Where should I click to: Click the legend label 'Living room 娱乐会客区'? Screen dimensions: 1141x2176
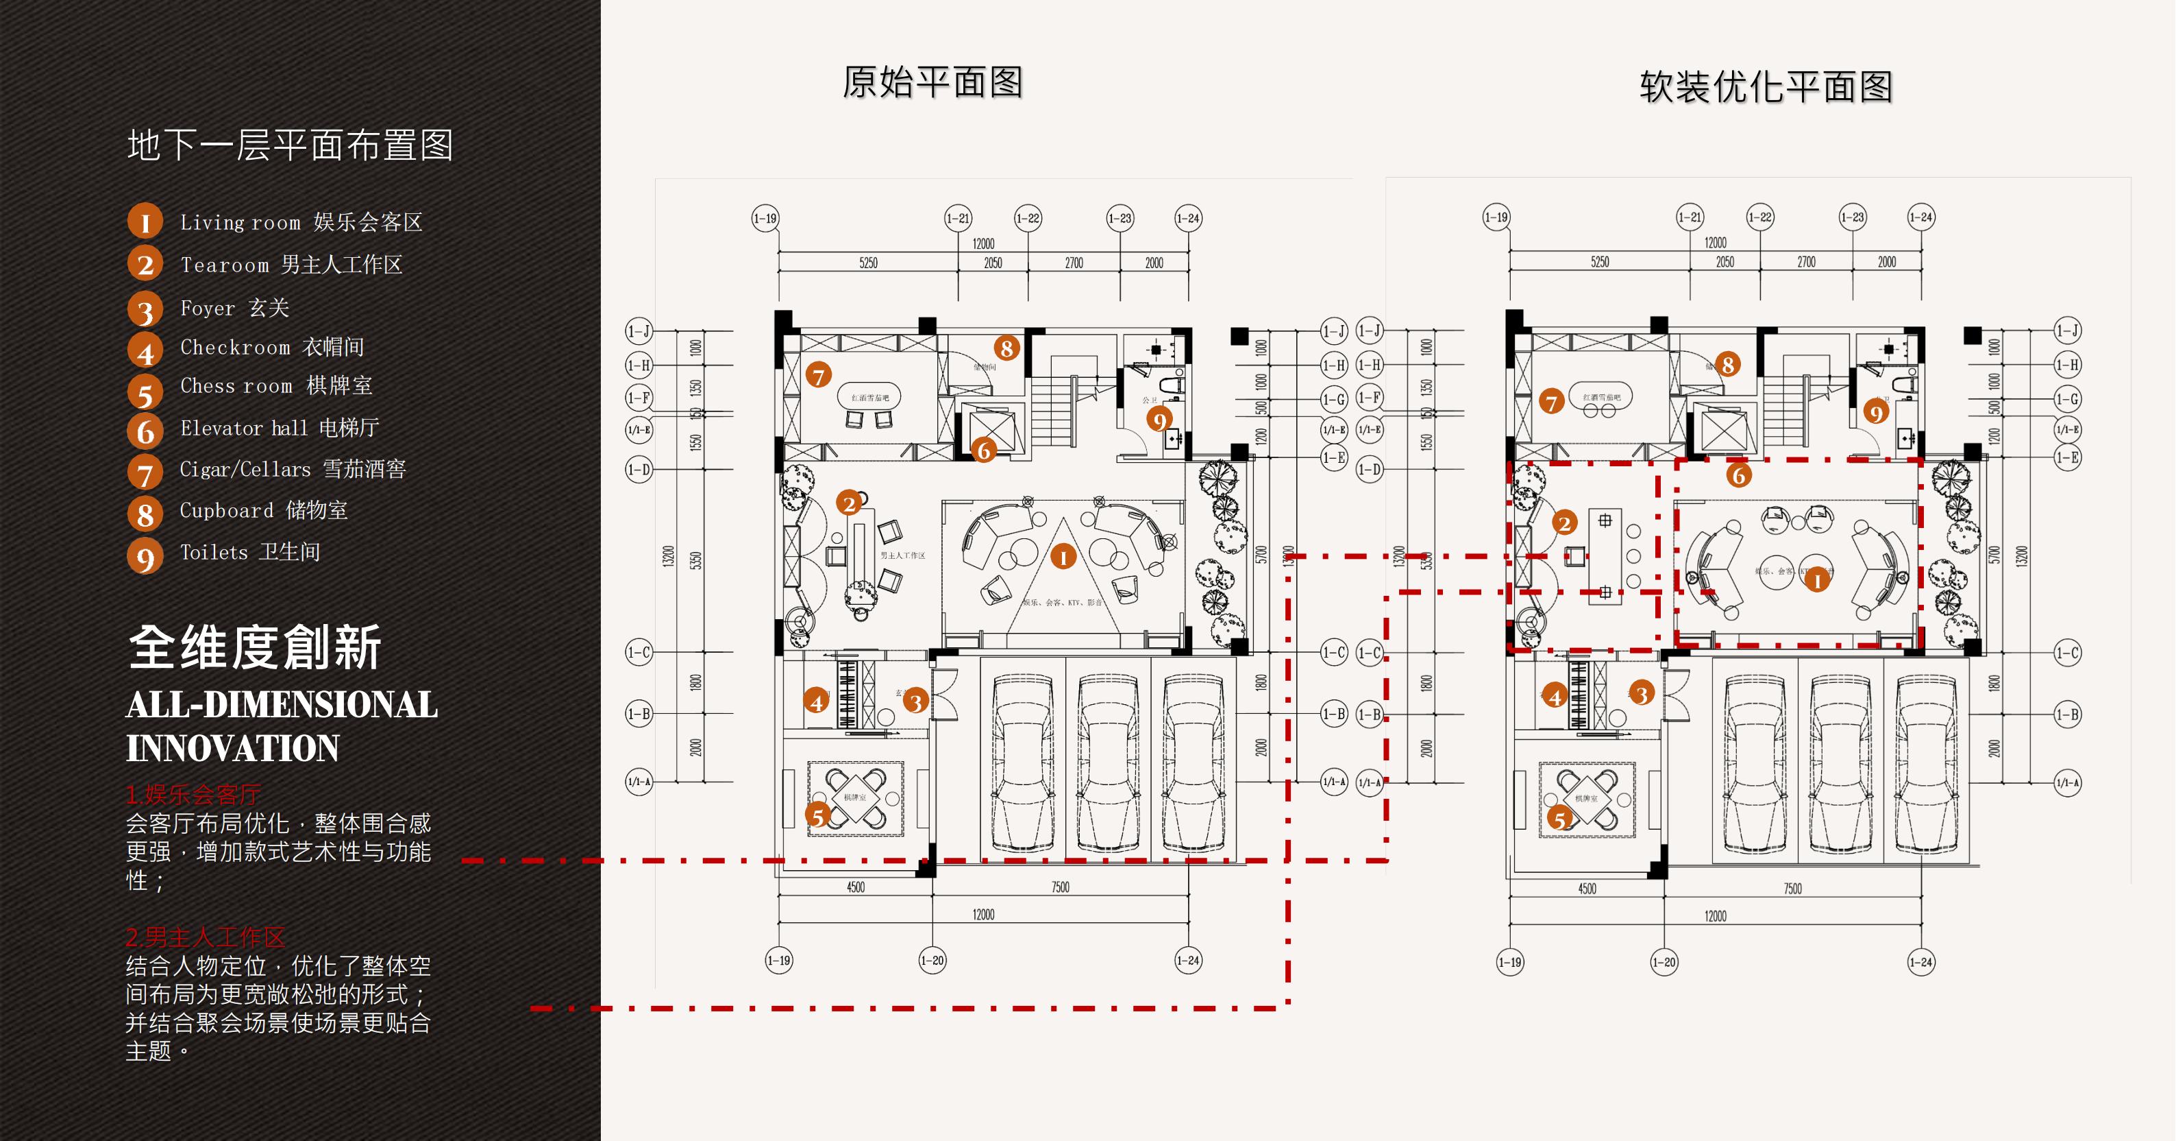coord(301,222)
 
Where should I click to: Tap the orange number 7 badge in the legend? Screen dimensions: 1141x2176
coord(145,472)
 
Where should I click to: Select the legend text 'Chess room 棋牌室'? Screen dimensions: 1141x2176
coord(275,386)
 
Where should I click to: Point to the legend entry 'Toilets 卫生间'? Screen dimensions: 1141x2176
coord(250,553)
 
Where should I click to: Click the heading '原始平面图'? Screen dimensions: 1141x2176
coord(932,83)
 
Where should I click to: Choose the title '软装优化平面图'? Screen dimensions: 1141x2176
coord(1766,87)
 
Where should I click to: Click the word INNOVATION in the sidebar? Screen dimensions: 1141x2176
coord(233,749)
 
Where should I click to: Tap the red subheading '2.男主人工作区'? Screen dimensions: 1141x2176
coord(206,937)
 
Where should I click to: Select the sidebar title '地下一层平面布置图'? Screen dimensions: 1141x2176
coord(290,145)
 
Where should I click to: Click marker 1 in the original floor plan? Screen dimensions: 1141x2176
coord(1063,556)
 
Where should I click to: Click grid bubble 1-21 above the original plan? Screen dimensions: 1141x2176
coord(958,218)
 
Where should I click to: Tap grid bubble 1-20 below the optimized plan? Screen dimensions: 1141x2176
coord(1664,962)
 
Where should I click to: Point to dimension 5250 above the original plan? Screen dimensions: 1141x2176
coord(868,263)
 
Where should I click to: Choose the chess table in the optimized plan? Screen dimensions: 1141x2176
coord(1586,799)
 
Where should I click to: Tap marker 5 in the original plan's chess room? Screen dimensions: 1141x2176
coord(817,817)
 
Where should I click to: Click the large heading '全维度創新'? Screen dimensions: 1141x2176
coord(254,648)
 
